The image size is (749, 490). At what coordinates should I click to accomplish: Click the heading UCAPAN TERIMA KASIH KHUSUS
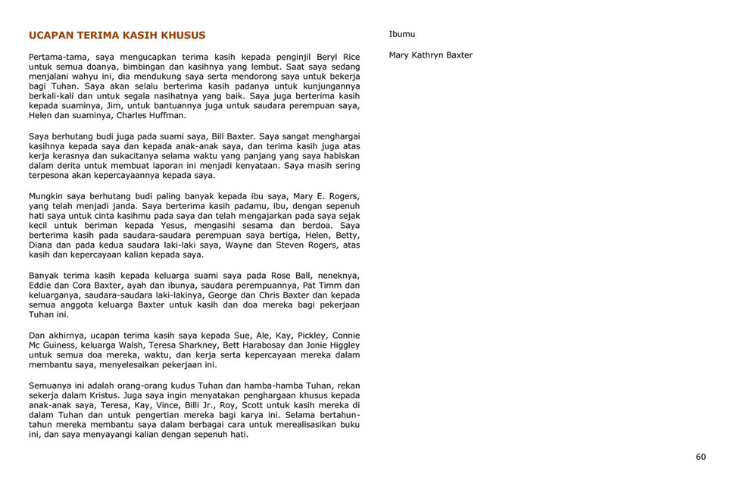pyautogui.click(x=117, y=36)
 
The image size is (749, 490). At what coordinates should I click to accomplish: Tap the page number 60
pyautogui.click(x=701, y=457)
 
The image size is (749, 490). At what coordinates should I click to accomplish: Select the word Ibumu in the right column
pyautogui.click(x=401, y=34)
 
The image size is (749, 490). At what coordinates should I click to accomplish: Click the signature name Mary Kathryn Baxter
pyautogui.click(x=430, y=55)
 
